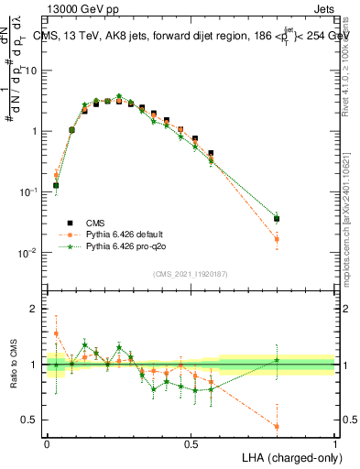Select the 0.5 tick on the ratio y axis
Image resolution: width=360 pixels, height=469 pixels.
tap(34, 421)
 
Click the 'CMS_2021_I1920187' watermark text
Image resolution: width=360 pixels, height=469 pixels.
tap(190, 273)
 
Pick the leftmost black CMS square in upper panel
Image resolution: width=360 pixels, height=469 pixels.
tap(56, 185)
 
